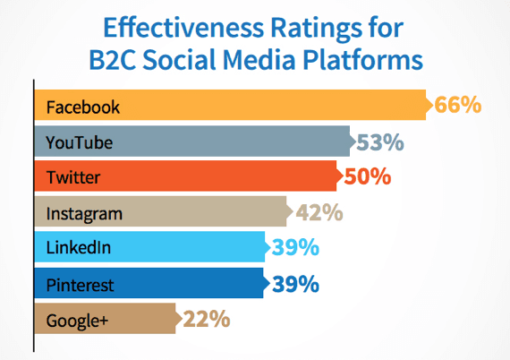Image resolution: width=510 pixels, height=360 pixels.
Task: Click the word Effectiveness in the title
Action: point(183,28)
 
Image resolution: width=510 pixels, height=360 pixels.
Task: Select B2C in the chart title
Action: point(112,60)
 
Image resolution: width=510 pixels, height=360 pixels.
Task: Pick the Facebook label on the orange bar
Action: point(83,107)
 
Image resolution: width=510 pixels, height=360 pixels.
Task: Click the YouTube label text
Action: point(80,142)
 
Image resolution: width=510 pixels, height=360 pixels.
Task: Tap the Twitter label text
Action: point(73,177)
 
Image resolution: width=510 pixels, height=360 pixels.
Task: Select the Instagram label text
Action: point(84,215)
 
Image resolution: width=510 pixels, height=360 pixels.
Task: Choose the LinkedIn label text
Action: point(79,247)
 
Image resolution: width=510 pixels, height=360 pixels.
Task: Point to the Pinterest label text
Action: point(80,285)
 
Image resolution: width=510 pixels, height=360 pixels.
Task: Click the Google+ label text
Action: point(77,321)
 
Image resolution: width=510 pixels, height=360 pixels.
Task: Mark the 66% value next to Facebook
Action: point(457,105)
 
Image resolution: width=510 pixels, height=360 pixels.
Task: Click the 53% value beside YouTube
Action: point(380,142)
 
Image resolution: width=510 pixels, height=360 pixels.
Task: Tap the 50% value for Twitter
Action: point(368,176)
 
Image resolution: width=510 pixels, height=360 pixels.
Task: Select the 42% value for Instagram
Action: point(319,212)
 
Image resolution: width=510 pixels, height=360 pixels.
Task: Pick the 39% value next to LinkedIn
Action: point(295,247)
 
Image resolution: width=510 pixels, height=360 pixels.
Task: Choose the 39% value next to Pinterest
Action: point(295,284)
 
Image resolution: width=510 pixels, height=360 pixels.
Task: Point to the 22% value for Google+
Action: point(207,319)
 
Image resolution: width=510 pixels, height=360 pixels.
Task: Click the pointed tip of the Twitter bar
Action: point(343,176)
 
